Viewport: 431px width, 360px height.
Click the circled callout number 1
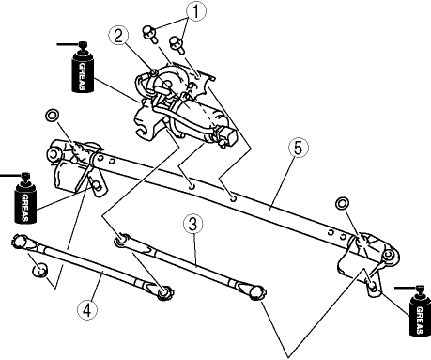tap(196, 11)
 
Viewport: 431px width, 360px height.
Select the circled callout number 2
tap(118, 36)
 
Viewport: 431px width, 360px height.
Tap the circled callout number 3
tap(193, 225)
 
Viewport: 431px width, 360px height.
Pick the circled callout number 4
tap(87, 310)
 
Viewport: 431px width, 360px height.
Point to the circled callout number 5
tap(298, 148)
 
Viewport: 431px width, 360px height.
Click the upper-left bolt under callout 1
tap(149, 34)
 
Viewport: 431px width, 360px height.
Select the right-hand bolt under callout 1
tap(177, 45)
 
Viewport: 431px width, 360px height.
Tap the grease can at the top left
tap(83, 68)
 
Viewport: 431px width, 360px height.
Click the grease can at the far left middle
tap(25, 198)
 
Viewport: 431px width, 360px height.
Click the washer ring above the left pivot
tap(52, 115)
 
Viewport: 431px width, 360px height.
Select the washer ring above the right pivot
tap(342, 203)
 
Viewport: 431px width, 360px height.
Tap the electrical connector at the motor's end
tap(229, 136)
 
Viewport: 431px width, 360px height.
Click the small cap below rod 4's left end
tap(40, 270)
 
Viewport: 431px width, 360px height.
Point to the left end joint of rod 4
tap(20, 241)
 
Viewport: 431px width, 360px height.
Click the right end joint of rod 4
tap(164, 293)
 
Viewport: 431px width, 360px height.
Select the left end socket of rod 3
tap(121, 240)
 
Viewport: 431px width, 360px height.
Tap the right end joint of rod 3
tap(257, 292)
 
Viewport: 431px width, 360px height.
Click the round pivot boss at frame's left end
tap(54, 154)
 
